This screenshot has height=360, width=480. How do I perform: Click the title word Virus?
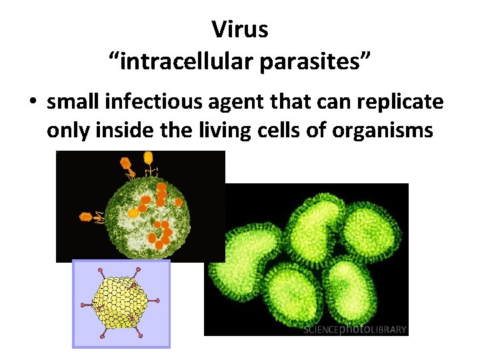pyautogui.click(x=239, y=29)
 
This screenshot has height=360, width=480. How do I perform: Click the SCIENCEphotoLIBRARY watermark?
pyautogui.click(x=355, y=329)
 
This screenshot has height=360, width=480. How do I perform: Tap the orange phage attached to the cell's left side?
pyautogui.click(x=89, y=216)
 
